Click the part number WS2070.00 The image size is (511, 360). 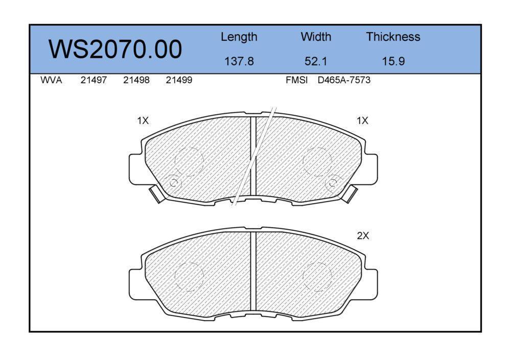pyautogui.click(x=115, y=50)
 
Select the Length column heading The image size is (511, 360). pyautogui.click(x=239, y=37)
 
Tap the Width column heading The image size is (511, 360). pyautogui.click(x=316, y=37)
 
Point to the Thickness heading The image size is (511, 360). pyautogui.click(x=393, y=37)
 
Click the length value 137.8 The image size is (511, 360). pyautogui.click(x=239, y=61)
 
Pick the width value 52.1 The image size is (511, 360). pyautogui.click(x=316, y=61)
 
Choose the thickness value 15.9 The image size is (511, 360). pyautogui.click(x=393, y=61)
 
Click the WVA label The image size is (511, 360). pyautogui.click(x=51, y=80)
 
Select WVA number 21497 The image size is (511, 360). pyautogui.click(x=94, y=80)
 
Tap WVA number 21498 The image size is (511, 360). pyautogui.click(x=136, y=80)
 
